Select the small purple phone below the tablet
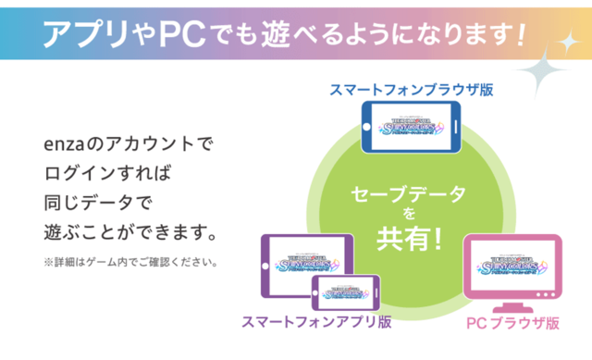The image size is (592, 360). (345, 292)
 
